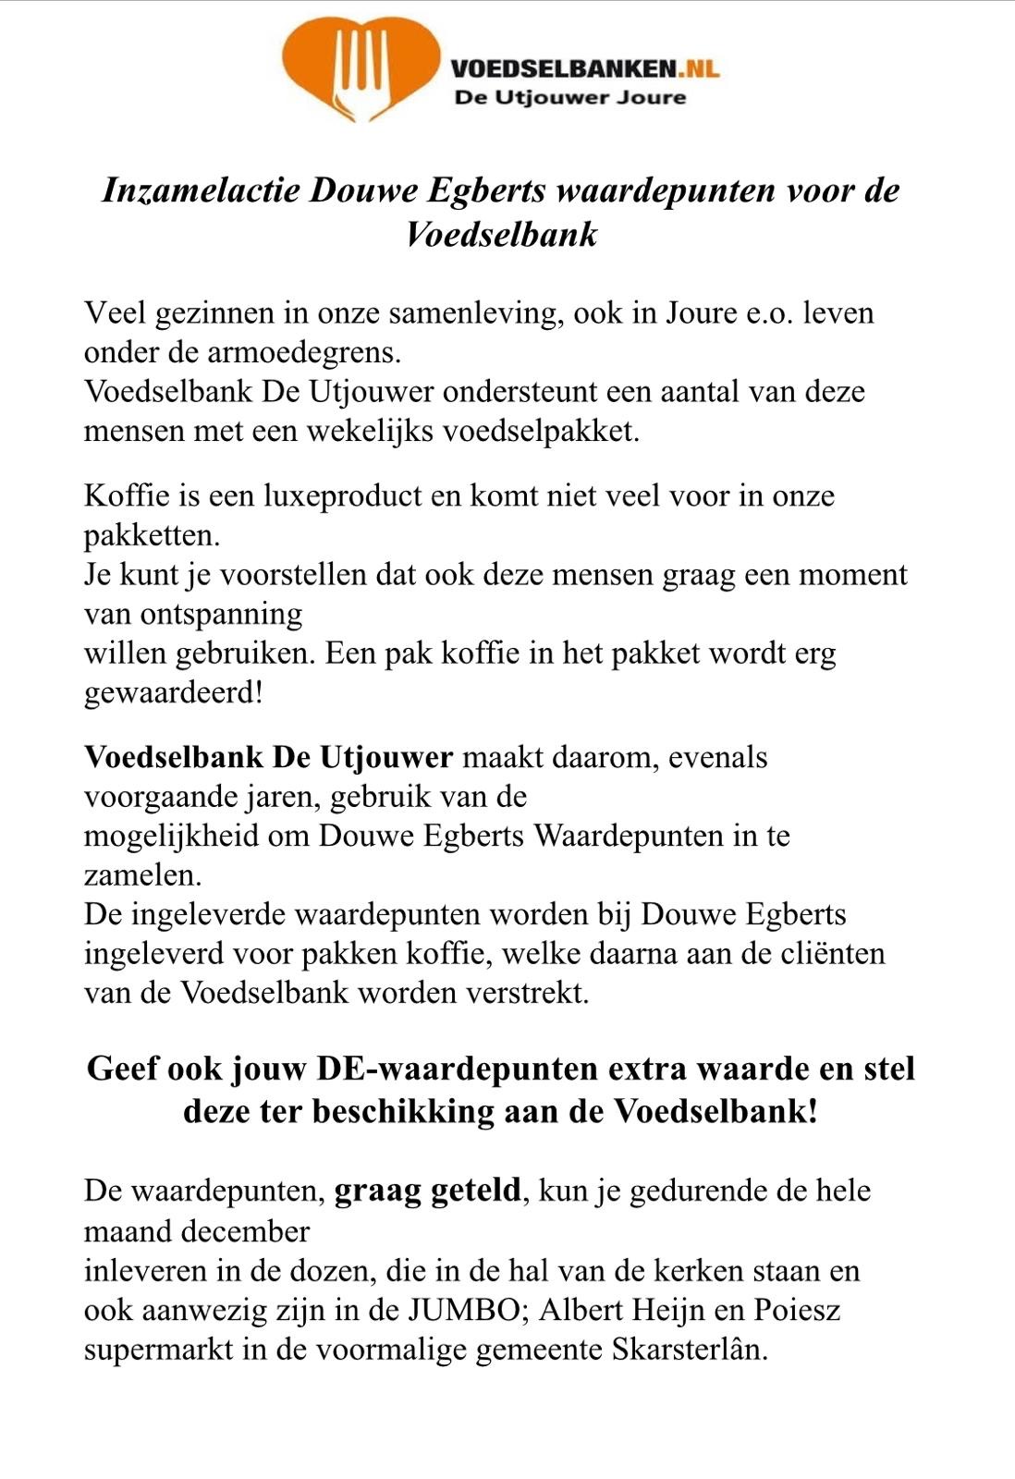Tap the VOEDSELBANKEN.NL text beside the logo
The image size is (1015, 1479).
point(584,67)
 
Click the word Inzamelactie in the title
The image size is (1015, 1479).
point(201,190)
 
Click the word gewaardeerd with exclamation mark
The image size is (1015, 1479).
point(174,692)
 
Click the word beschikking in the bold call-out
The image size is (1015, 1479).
point(403,1110)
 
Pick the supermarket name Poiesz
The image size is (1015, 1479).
point(797,1310)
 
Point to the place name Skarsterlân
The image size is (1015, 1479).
point(690,1350)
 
